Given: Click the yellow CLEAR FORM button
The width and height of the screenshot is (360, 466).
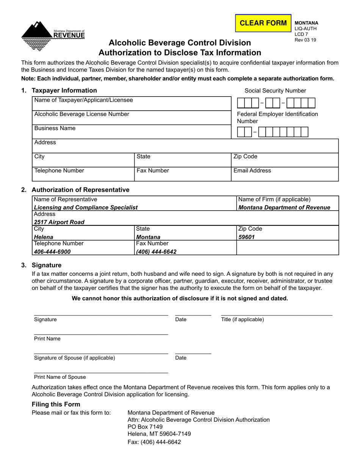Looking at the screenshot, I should [x=263, y=23].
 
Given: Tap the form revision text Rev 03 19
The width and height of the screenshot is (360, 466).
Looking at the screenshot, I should [x=305, y=40].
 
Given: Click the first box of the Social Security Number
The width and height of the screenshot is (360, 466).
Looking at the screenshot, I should [x=240, y=103].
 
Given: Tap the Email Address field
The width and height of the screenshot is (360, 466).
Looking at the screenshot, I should [x=285, y=174].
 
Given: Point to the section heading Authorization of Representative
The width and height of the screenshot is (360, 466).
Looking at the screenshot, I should [x=80, y=189].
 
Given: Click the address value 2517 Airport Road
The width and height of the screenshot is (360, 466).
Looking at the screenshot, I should [x=59, y=222].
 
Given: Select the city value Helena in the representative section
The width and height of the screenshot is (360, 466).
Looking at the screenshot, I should [x=44, y=237].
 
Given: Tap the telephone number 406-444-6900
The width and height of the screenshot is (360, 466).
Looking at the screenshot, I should [x=52, y=251].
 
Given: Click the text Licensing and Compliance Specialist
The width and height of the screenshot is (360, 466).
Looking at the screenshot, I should [x=86, y=208].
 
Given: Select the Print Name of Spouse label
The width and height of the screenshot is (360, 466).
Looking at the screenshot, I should [x=60, y=377].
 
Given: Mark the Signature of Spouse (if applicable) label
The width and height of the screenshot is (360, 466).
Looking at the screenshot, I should [x=75, y=358].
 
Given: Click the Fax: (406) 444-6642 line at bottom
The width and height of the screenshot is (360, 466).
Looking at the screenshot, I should [x=154, y=442].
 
